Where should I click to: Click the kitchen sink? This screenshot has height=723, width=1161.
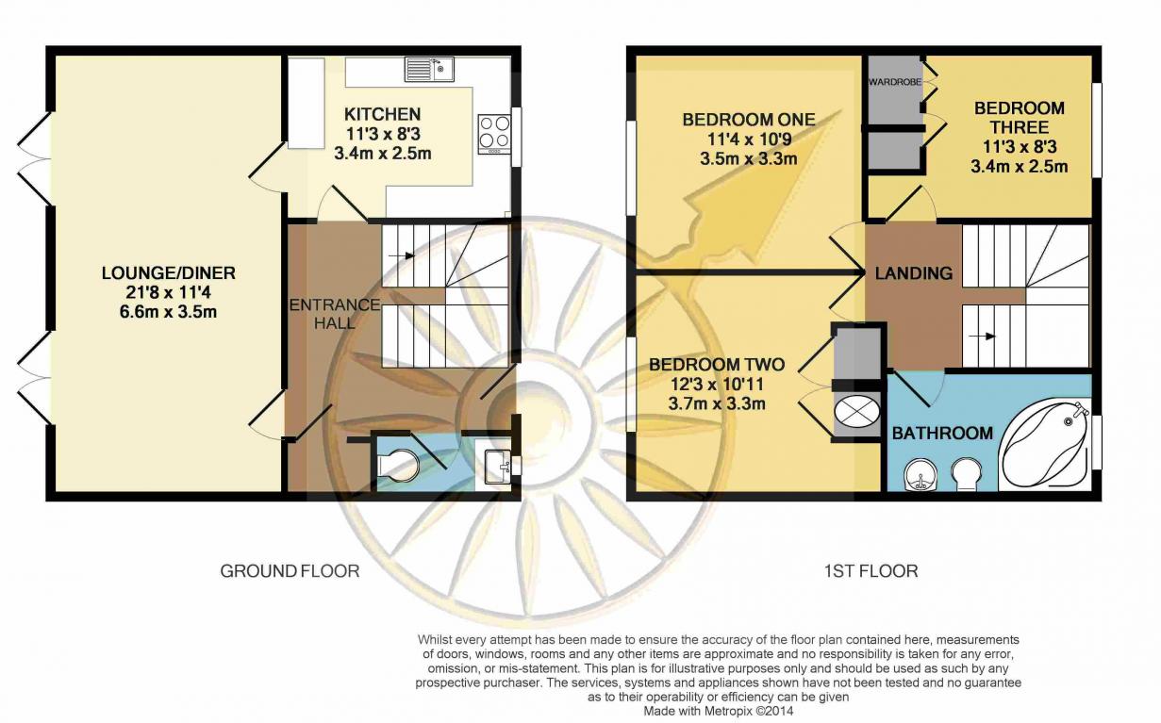(429, 69)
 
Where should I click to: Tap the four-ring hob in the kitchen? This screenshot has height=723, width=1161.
(494, 134)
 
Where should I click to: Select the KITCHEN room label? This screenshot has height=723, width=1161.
(383, 114)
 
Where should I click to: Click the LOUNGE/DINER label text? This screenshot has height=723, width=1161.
(169, 273)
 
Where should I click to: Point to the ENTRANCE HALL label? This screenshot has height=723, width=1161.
(335, 314)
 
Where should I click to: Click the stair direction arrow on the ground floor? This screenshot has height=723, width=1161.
(401, 255)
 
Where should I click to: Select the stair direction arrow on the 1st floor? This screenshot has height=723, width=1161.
(982, 337)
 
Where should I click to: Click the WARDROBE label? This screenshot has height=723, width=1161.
(895, 82)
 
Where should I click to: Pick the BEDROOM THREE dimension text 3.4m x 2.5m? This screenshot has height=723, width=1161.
(1019, 167)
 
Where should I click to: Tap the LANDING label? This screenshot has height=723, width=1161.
(914, 273)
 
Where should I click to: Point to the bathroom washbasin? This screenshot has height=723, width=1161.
(920, 475)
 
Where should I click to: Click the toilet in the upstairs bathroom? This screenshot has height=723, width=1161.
(967, 474)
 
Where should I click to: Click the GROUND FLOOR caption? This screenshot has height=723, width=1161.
(290, 571)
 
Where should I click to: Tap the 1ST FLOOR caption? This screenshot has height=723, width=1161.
(871, 571)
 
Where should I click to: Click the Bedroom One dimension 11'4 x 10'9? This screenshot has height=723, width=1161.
(749, 140)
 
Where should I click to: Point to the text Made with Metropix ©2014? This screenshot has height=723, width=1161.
(719, 711)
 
